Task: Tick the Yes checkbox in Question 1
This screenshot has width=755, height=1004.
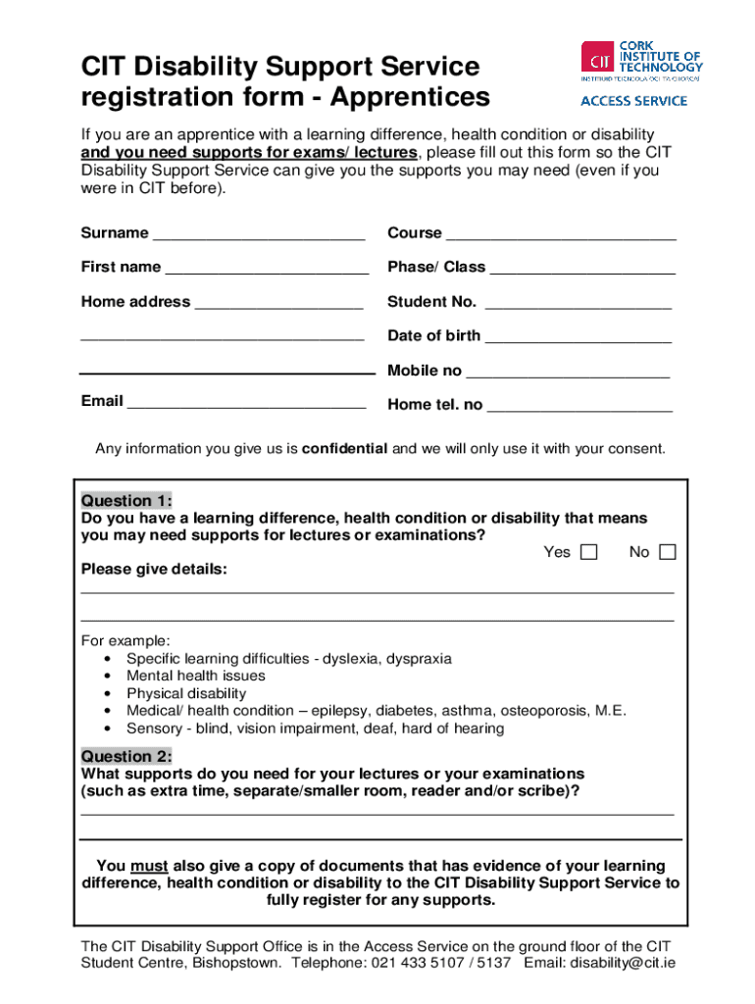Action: (x=588, y=552)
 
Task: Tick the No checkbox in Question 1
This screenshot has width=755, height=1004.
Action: (x=668, y=552)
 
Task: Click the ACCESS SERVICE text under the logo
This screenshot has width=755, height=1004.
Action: (x=633, y=100)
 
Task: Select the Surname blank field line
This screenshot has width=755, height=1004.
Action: (x=259, y=235)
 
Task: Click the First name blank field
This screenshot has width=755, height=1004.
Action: (x=267, y=269)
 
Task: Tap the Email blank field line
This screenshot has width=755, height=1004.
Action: (x=246, y=403)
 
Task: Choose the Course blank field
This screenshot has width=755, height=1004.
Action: (x=561, y=235)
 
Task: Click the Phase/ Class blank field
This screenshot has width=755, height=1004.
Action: (x=582, y=269)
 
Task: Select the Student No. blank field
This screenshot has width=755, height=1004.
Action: (x=578, y=304)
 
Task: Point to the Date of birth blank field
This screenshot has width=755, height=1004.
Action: (x=579, y=337)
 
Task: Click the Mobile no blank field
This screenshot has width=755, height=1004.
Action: (x=568, y=373)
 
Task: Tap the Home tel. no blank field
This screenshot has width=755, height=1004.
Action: (x=579, y=407)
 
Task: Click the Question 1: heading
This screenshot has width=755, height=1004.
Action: (x=126, y=500)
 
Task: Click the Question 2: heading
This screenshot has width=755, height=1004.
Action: (x=126, y=756)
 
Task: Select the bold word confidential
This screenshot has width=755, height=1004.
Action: (x=344, y=449)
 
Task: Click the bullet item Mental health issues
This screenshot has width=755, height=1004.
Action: (x=196, y=676)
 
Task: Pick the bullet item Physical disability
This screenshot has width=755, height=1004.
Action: (x=186, y=693)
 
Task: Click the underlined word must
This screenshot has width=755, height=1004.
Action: (x=149, y=866)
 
